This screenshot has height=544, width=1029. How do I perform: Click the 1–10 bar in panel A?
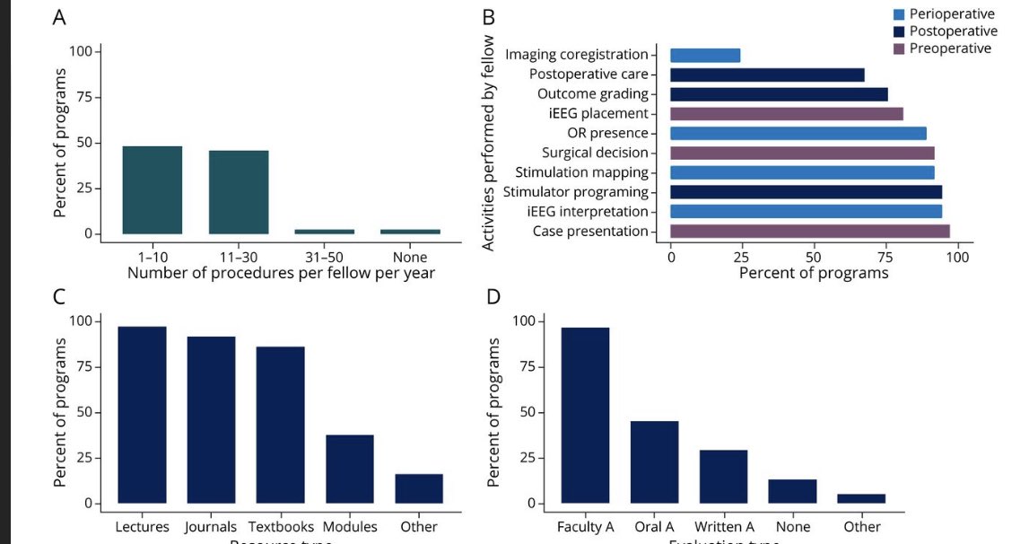[x=153, y=189]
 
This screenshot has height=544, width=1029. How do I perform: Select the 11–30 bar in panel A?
[x=239, y=191]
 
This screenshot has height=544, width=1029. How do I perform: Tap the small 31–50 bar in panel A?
[x=325, y=232]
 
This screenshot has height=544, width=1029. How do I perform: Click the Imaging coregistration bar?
[x=705, y=56]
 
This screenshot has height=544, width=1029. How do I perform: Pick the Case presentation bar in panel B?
[x=809, y=232]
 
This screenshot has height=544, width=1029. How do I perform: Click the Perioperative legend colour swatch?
[x=898, y=14]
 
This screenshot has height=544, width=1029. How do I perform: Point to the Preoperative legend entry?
[x=950, y=48]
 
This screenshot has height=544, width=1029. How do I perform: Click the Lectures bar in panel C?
[x=143, y=414]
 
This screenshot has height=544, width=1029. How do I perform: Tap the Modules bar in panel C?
[x=350, y=469]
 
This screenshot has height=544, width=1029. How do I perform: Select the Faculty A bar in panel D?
[x=585, y=415]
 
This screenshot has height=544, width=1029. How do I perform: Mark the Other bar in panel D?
[x=861, y=498]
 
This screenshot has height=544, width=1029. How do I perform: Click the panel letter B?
[x=489, y=17]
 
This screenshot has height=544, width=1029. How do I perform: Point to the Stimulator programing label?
[x=575, y=192]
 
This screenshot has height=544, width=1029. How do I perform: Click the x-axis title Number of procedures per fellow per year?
[x=281, y=273]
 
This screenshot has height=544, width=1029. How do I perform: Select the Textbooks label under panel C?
[x=280, y=527]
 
